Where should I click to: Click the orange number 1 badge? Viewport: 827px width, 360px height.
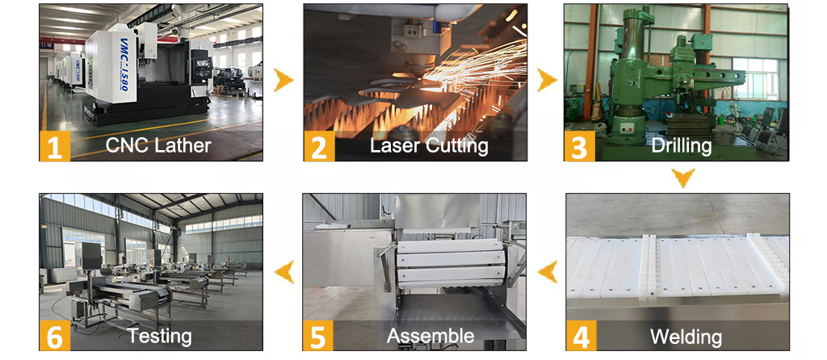coord(55,146)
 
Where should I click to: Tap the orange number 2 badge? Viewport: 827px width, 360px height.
coord(319,146)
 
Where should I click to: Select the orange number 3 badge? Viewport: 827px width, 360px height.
coord(580,146)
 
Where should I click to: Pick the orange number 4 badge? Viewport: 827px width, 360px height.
coord(581,336)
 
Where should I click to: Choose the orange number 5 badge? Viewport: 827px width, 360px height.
coord(318,336)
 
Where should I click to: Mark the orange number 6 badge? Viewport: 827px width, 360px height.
coord(55,336)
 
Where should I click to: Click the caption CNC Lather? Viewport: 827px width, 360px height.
coord(158,145)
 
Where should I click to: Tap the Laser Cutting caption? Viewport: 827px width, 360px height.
coord(429,145)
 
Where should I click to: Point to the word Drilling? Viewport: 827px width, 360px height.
coord(681,145)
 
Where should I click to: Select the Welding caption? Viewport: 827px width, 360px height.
coord(686,336)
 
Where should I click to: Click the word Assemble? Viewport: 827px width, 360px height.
coord(430,336)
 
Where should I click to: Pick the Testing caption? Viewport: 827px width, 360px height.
coord(159,336)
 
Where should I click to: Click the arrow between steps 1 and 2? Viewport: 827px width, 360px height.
coord(283,80)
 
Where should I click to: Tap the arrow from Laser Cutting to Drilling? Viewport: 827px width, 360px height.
coord(547,80)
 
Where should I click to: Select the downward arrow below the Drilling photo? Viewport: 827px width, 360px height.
coord(682,178)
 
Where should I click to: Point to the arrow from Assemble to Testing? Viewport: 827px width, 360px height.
coord(283,273)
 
